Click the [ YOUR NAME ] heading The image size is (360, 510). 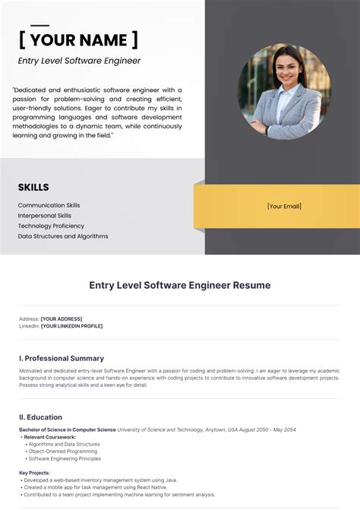(x=78, y=40)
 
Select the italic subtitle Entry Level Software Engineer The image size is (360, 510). (x=79, y=61)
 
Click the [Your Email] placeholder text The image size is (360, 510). (x=284, y=206)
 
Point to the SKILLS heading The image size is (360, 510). (x=33, y=188)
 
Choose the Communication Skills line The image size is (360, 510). (x=49, y=205)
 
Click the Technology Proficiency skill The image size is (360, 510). (x=51, y=226)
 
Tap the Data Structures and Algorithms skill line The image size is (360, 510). (x=63, y=236)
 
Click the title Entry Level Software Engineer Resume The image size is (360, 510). (x=180, y=285)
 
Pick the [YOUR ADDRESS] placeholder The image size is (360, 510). (x=62, y=318)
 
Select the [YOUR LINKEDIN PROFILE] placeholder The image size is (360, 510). (x=71, y=326)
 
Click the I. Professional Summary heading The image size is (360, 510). (x=62, y=358)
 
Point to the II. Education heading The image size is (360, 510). (x=41, y=417)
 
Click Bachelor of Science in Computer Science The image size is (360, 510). (x=68, y=429)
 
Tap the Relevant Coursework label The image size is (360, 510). (x=50, y=437)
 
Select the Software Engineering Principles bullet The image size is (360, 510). (x=65, y=458)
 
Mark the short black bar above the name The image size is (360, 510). (x=39, y=26)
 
